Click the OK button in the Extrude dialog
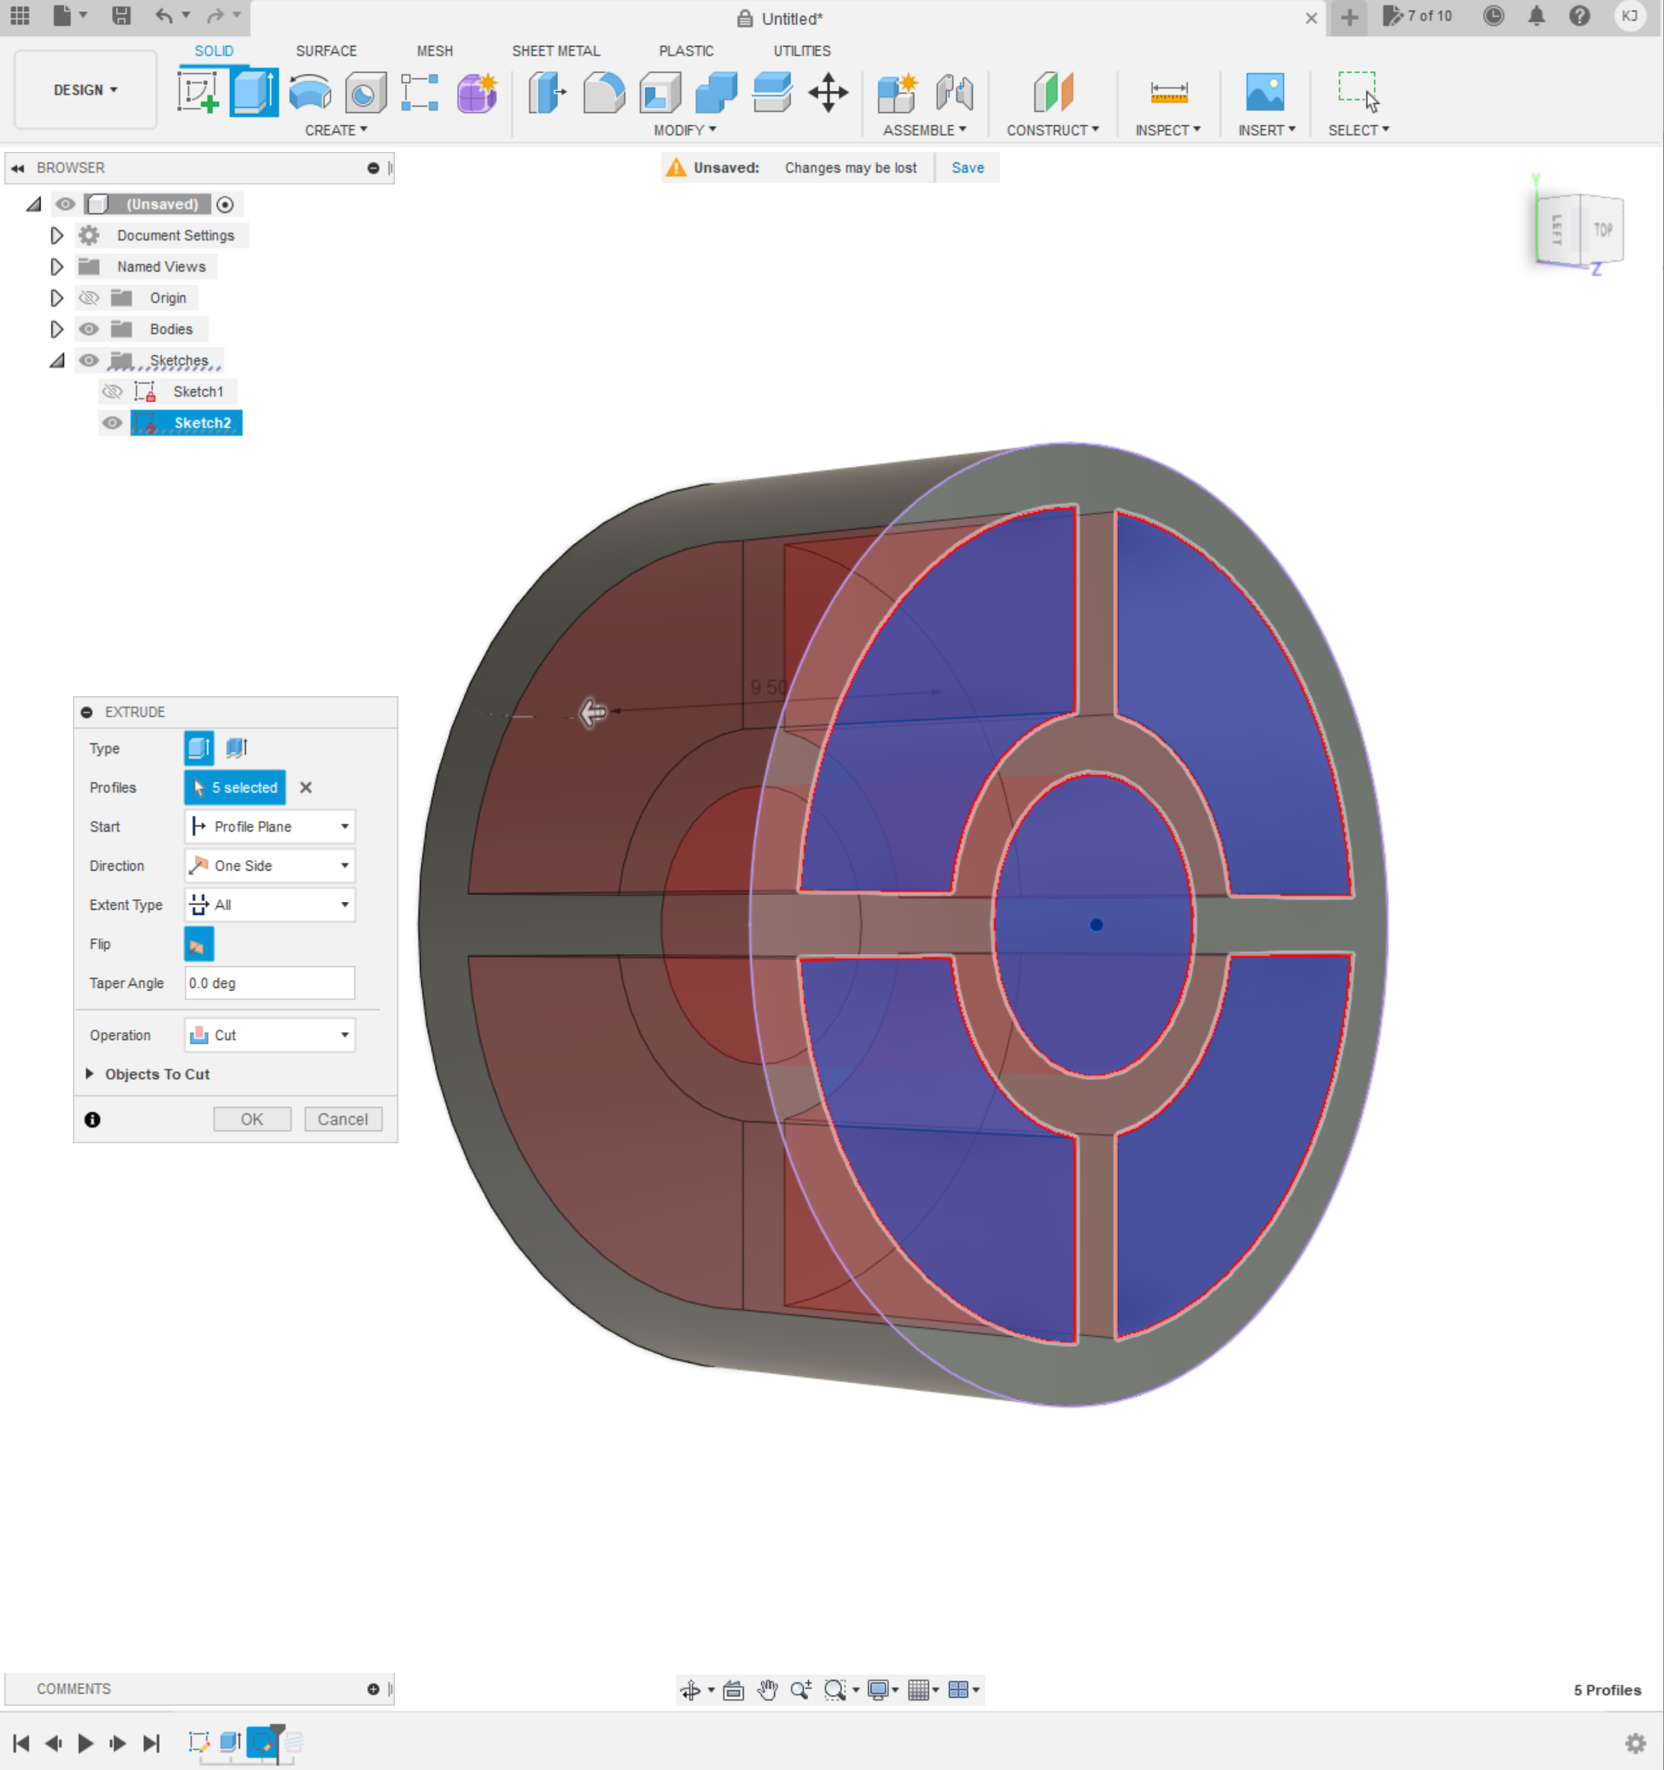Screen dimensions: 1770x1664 252,1119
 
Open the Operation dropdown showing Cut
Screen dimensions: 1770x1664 270,1035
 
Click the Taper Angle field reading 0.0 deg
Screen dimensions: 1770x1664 270,983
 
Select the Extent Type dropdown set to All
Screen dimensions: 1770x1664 270,905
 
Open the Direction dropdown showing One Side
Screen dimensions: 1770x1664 270,865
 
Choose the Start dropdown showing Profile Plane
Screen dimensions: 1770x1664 270,826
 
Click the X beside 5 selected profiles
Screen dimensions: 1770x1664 306,787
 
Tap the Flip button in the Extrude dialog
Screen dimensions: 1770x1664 199,944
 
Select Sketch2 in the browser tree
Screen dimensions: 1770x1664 202,423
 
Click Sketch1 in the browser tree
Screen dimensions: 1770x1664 198,392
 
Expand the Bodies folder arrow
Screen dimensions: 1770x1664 57,329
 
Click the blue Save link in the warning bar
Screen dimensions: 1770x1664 967,168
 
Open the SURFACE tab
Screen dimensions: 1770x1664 326,50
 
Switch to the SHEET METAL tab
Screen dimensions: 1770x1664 556,50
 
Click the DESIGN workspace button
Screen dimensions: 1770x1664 85,90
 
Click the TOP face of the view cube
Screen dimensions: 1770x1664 1602,230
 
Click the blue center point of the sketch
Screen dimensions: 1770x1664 1096,925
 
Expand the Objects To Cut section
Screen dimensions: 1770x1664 90,1074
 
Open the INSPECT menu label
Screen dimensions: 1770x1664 1167,130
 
